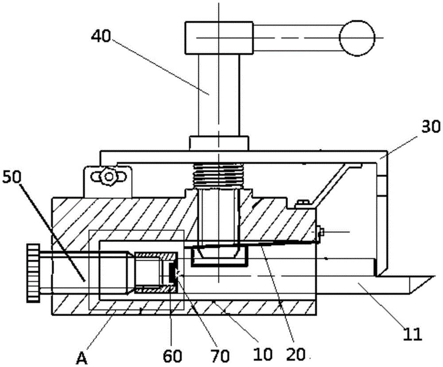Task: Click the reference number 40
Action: pos(101,35)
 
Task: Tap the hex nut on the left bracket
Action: pos(107,177)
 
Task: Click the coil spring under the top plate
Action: pos(218,174)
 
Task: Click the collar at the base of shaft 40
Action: pos(218,143)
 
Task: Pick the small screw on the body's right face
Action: pos(322,231)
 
